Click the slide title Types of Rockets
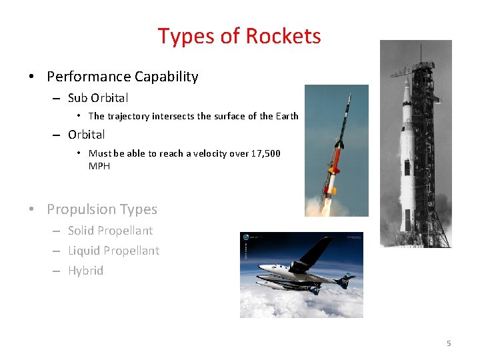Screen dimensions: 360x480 (x=239, y=36)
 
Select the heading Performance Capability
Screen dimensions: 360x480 (x=122, y=77)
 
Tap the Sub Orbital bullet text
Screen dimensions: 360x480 (x=98, y=98)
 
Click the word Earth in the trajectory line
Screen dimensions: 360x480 (x=287, y=116)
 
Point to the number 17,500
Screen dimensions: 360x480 (x=265, y=153)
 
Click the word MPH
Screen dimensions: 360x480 (x=99, y=166)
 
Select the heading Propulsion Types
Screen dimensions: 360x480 (x=101, y=209)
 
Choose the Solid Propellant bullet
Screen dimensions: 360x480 (x=110, y=231)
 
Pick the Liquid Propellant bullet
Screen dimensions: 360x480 (x=113, y=251)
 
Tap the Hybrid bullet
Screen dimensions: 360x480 (x=85, y=271)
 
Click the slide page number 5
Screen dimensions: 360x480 (x=449, y=343)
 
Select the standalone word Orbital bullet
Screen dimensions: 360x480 (x=86, y=135)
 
